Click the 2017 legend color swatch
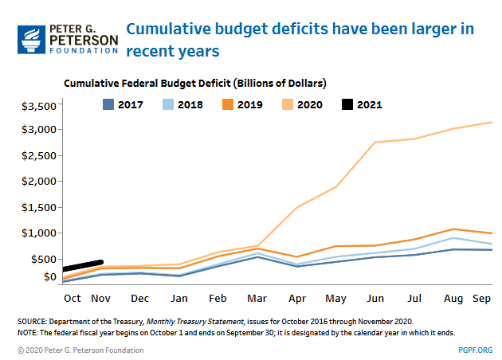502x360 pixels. (x=111, y=104)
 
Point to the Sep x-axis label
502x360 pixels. (x=480, y=298)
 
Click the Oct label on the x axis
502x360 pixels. (x=72, y=298)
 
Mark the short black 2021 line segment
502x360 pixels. (x=83, y=265)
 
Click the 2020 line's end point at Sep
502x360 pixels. (x=491, y=122)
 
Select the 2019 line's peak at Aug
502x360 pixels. (x=453, y=229)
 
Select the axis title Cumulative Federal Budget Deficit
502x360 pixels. (x=195, y=83)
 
